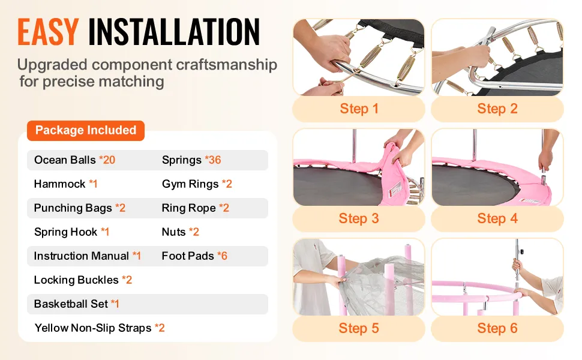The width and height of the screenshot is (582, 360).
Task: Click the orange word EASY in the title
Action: [48, 32]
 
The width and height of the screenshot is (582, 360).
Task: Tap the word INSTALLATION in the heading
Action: [174, 32]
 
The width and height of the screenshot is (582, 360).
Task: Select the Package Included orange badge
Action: [86, 130]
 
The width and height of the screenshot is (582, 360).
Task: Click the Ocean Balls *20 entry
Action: [74, 160]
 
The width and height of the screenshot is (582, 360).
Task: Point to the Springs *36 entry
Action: [191, 160]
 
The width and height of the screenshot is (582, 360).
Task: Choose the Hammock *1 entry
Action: [65, 184]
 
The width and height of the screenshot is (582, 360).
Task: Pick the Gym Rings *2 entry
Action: [197, 184]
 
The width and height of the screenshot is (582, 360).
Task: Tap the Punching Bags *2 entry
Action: [80, 208]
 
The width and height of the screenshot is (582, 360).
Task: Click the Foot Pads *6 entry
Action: [194, 256]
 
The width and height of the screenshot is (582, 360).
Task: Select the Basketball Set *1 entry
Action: [77, 304]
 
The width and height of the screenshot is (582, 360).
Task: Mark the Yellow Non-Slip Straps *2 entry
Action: [100, 328]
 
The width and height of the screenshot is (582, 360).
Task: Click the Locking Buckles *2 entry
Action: [83, 280]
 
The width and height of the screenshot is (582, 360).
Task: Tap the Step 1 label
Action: [359, 109]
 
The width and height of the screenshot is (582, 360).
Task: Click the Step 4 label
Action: [497, 218]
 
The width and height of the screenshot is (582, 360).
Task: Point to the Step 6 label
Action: [497, 328]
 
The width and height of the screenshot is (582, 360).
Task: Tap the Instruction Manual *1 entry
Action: [88, 256]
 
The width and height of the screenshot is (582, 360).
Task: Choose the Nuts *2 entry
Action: [181, 232]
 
